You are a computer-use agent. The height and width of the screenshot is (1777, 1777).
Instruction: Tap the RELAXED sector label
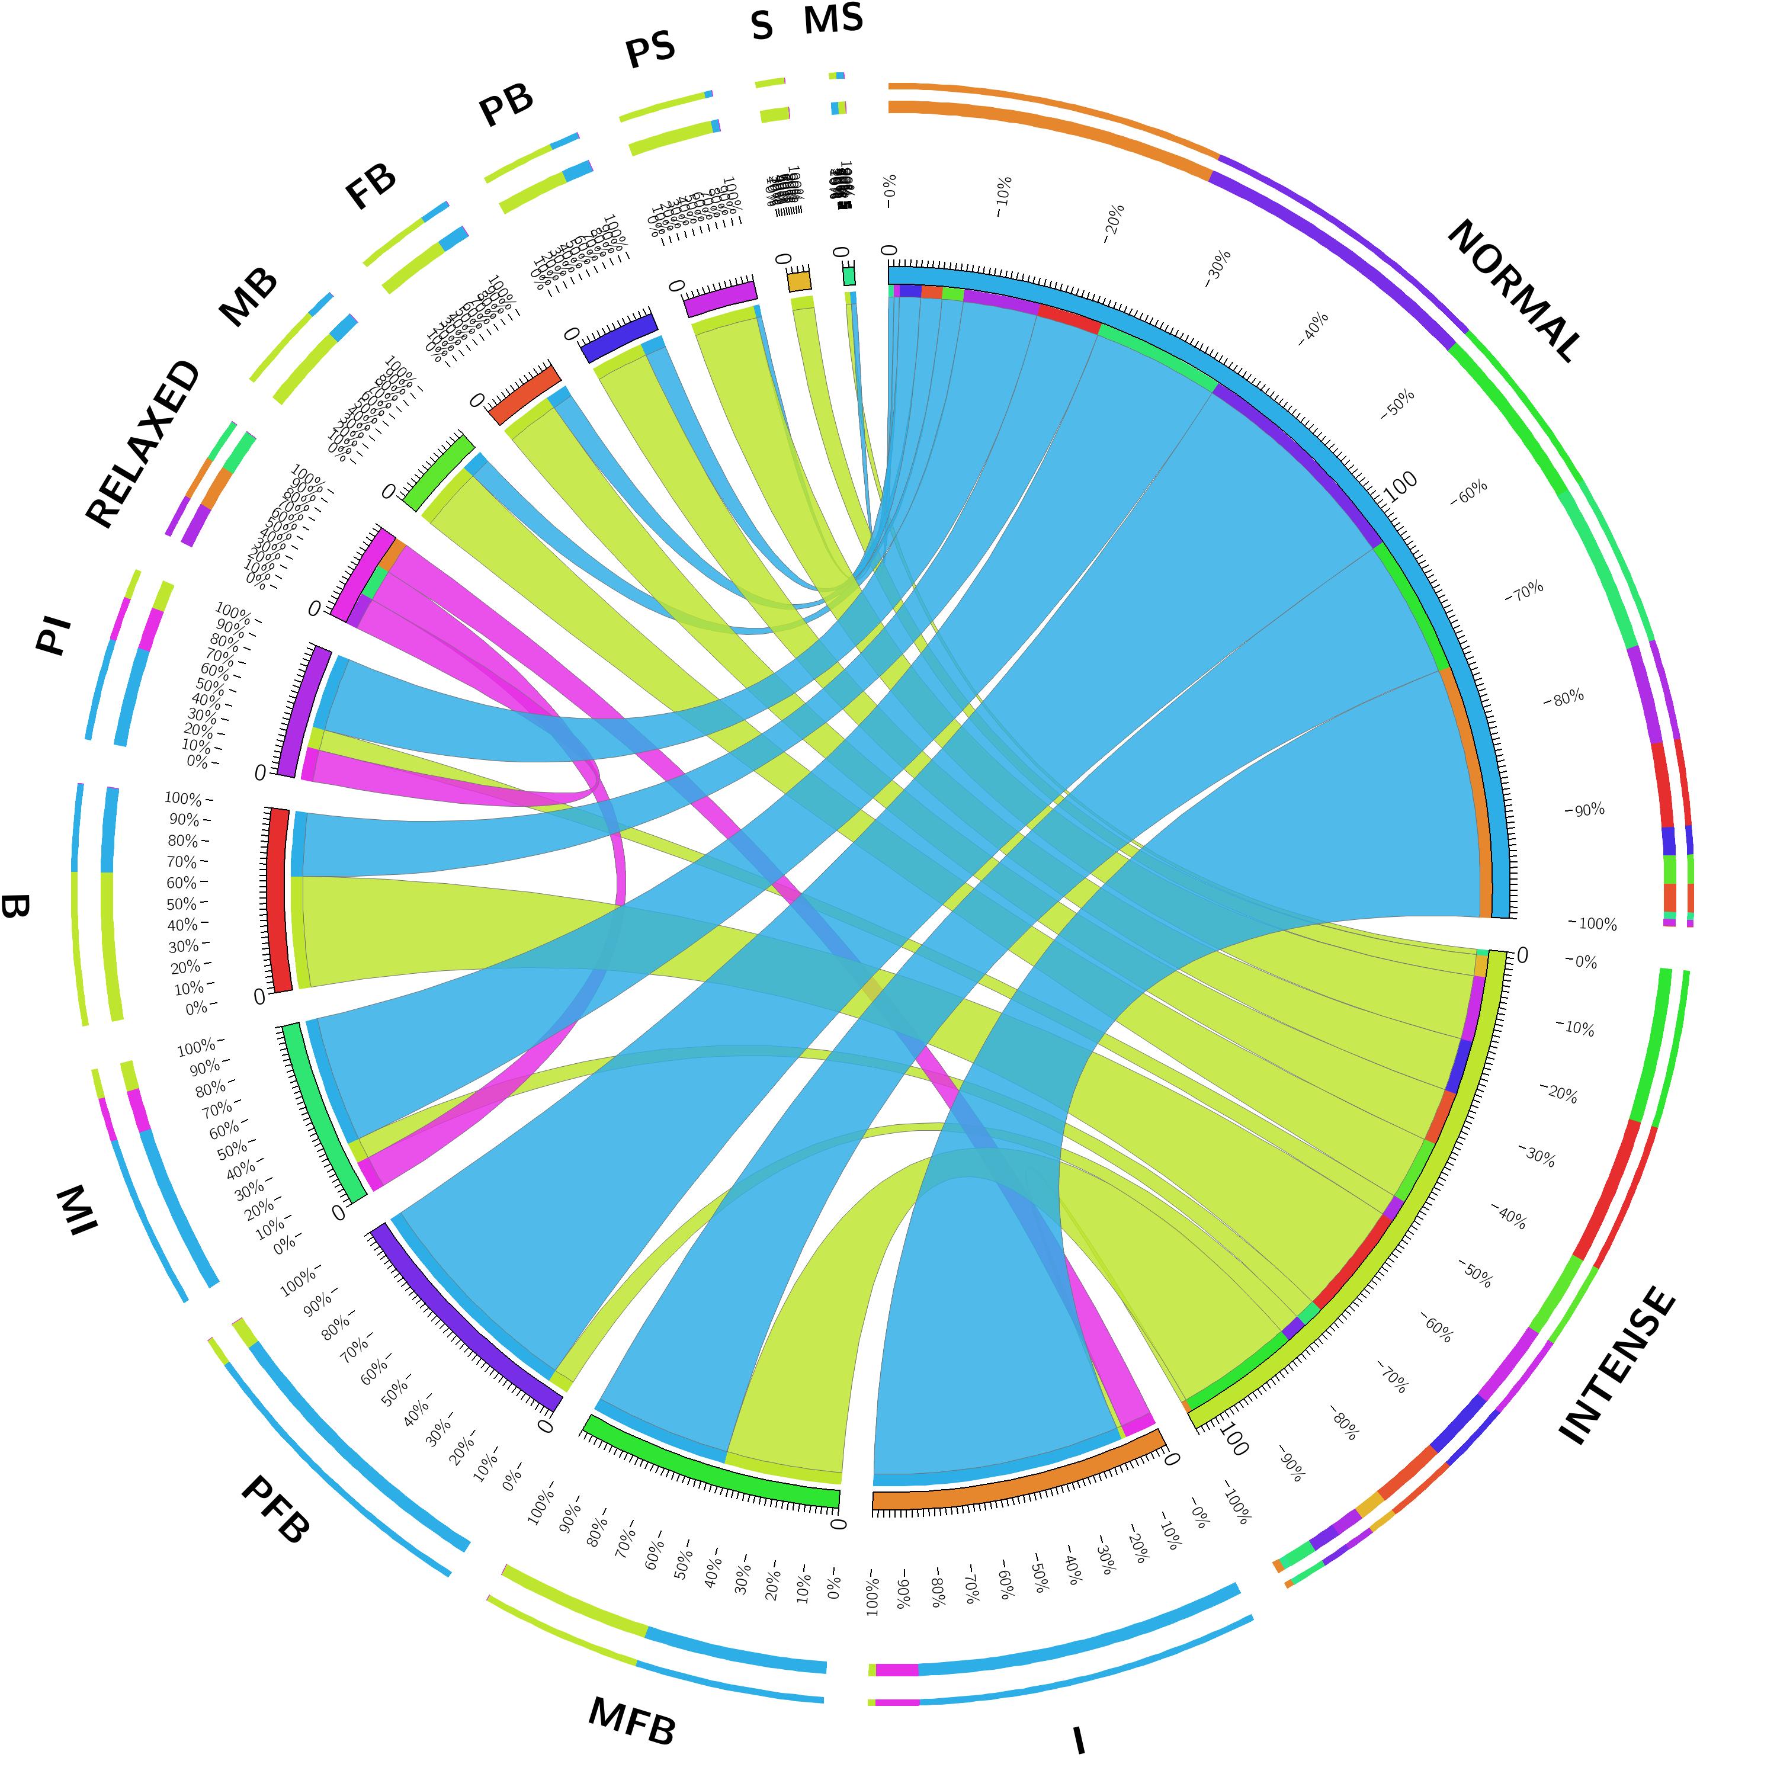coord(143,444)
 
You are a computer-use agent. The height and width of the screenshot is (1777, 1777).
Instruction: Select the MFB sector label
coord(632,1721)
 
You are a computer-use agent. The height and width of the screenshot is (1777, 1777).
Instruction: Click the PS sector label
coord(650,49)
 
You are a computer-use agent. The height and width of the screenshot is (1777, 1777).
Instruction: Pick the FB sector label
coord(371,186)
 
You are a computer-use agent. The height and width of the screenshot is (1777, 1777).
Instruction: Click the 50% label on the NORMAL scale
coord(1397,405)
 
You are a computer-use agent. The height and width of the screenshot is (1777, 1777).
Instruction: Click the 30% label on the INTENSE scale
coord(1536,1156)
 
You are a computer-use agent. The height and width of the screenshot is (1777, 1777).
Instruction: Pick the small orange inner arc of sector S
coord(799,281)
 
